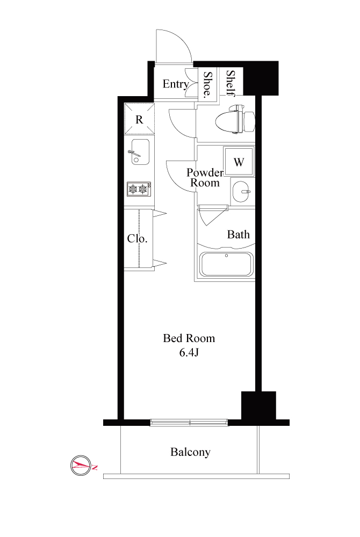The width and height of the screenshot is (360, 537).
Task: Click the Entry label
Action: [176, 84]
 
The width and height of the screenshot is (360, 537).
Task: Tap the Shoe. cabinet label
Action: [207, 85]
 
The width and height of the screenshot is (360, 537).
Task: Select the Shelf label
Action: [231, 83]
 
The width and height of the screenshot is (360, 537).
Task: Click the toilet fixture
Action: [235, 119]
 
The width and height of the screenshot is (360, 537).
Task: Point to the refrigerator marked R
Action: [139, 119]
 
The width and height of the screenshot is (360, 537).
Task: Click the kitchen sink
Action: [140, 152]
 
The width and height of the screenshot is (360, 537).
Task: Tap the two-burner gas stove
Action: [139, 188]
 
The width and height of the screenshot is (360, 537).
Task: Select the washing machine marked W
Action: [239, 162]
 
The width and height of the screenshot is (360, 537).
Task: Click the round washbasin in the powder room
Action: [241, 192]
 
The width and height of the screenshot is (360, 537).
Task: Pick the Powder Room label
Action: [205, 177]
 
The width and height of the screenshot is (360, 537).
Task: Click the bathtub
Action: [226, 264]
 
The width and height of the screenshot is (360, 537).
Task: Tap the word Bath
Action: [239, 235]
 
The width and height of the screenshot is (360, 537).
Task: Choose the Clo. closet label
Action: [138, 238]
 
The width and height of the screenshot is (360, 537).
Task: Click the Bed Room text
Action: [189, 338]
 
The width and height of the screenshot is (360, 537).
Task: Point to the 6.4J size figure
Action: [189, 352]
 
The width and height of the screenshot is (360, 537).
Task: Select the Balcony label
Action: [190, 452]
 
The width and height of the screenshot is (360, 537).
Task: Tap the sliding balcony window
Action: [190, 423]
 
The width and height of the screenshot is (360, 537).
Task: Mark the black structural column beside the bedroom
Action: [258, 406]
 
